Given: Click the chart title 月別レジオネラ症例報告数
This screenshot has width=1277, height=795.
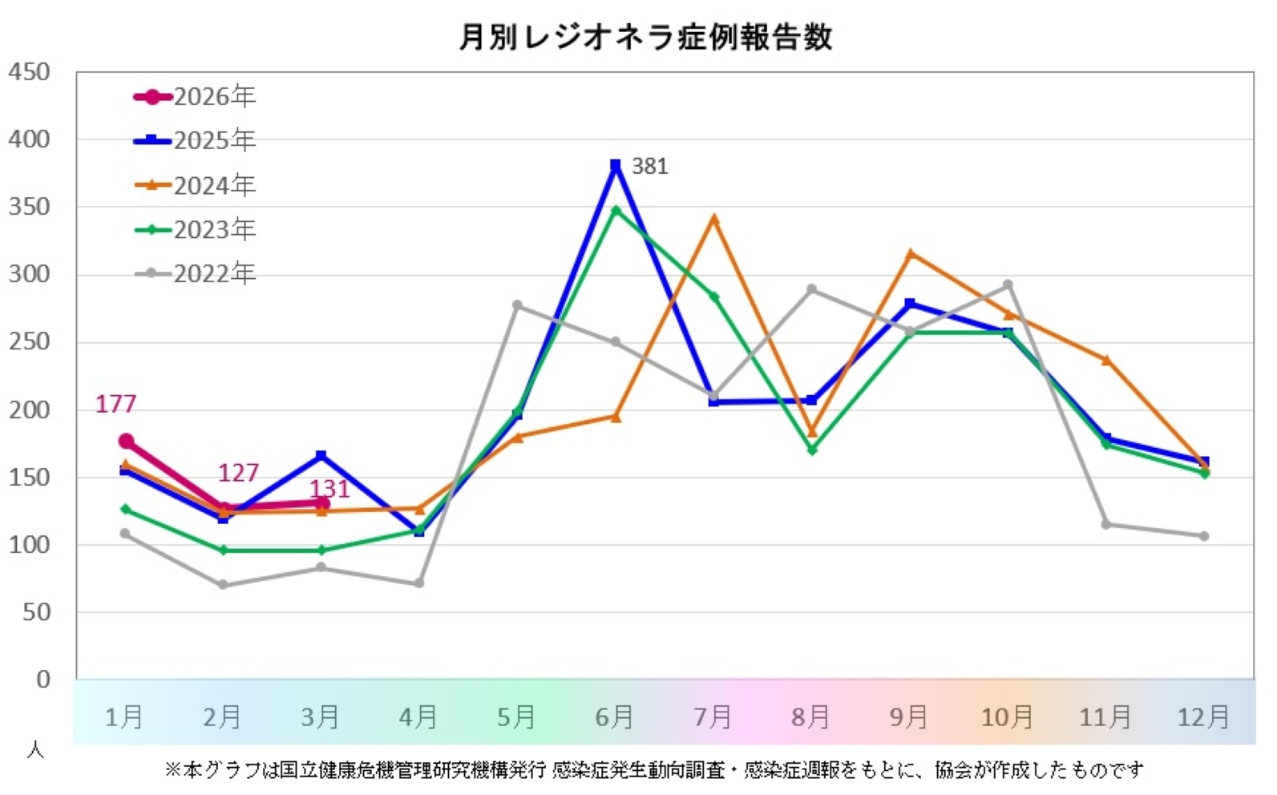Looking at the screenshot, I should click(x=645, y=38).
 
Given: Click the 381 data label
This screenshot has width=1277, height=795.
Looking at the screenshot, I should click(x=649, y=167).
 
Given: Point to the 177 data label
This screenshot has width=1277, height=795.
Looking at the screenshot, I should click(x=116, y=404).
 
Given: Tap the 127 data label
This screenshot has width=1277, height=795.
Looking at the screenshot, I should click(x=238, y=473).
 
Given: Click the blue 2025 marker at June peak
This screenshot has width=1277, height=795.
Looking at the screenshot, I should click(x=616, y=166).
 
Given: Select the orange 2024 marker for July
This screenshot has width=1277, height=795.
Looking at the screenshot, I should click(x=713, y=219).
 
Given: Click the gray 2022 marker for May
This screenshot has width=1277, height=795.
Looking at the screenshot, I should click(x=517, y=305).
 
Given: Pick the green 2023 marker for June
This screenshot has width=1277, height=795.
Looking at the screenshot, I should click(x=616, y=210).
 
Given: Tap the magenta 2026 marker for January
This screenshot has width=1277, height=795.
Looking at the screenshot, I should click(x=126, y=442).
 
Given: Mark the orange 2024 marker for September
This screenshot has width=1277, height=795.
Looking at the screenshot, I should click(x=910, y=254).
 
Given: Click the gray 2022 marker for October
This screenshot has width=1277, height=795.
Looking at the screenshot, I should click(x=1008, y=285).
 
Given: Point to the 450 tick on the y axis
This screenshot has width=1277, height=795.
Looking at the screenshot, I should click(x=29, y=72).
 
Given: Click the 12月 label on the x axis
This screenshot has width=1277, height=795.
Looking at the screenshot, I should click(x=1202, y=716).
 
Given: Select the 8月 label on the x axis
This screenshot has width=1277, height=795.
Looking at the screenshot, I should click(x=810, y=716).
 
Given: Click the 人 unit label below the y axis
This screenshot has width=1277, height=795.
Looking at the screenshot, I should click(x=35, y=750).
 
